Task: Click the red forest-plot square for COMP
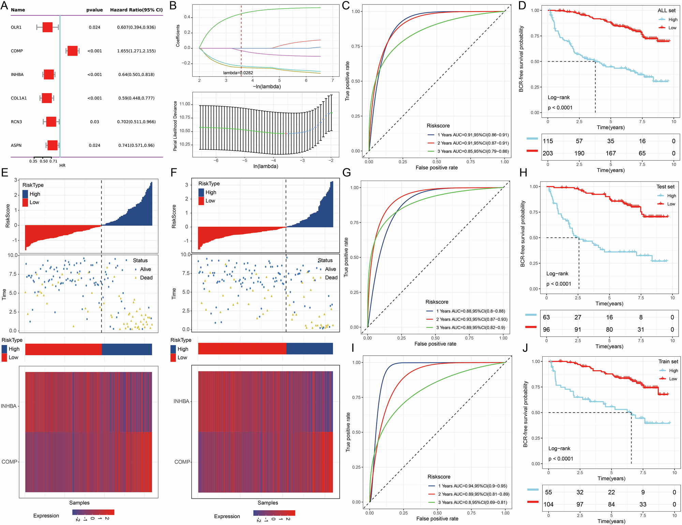(x=72, y=51)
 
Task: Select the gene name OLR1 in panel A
(x=16, y=27)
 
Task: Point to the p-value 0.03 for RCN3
(x=94, y=122)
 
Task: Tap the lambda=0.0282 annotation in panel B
(x=238, y=73)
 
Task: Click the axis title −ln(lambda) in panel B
(x=267, y=87)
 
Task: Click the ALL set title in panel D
(x=666, y=11)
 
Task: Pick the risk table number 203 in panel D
(x=548, y=153)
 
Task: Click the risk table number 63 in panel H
(x=546, y=317)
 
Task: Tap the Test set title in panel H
(x=665, y=187)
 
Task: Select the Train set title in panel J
(x=668, y=361)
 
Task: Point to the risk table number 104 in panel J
(x=548, y=505)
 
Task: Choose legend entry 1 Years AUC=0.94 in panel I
(x=473, y=486)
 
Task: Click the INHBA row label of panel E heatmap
(x=9, y=406)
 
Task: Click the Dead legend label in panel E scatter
(x=146, y=278)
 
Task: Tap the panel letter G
(x=346, y=172)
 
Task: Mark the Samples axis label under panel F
(x=268, y=503)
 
